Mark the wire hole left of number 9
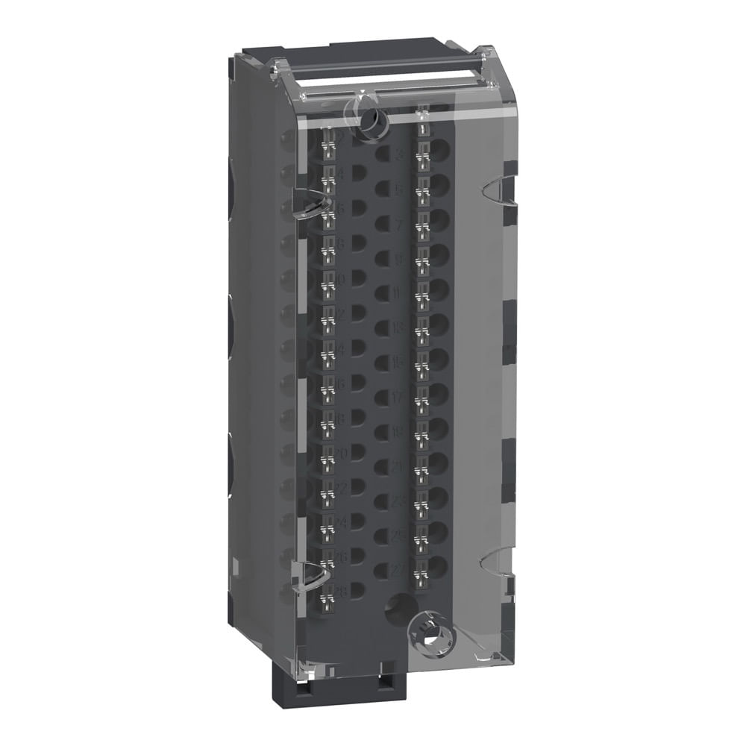[x=382, y=257]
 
